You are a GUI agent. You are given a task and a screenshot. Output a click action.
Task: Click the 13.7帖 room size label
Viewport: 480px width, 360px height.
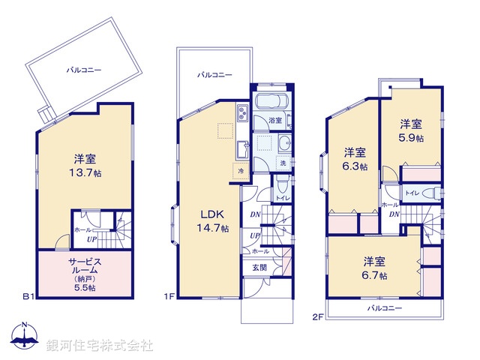(x=83, y=172)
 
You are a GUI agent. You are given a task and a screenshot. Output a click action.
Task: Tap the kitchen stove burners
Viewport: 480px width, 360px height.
(x=244, y=114)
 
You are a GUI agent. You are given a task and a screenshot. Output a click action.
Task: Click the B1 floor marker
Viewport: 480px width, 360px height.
(x=28, y=297)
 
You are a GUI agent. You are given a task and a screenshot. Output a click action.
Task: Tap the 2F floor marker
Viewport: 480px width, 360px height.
(x=317, y=317)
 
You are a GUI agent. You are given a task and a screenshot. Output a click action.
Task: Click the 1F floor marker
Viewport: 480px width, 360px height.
(x=169, y=297)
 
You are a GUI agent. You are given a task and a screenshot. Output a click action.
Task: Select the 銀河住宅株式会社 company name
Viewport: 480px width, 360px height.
(x=99, y=345)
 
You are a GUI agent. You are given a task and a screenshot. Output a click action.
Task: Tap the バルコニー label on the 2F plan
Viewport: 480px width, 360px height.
(x=384, y=308)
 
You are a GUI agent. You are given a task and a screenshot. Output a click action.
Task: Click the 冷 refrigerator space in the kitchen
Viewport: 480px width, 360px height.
(x=241, y=170)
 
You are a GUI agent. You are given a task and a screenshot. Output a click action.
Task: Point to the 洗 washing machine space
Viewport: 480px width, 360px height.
(x=283, y=163)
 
